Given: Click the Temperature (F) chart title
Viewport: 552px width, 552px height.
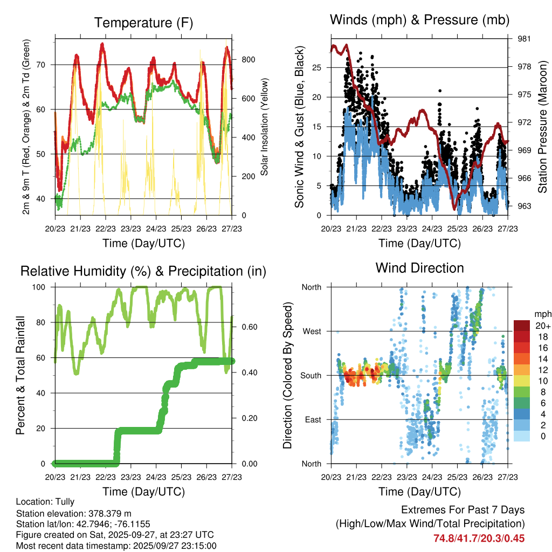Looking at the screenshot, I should coord(143,23).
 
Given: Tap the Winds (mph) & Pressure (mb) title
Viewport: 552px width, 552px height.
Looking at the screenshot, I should coord(419,20).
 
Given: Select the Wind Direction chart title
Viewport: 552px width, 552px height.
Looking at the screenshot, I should coord(419,268).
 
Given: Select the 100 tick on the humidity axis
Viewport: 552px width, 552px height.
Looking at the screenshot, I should coord(44,287).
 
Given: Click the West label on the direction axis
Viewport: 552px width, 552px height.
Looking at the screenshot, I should coord(312,331).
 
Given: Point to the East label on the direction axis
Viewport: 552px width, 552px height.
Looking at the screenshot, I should coord(312,419).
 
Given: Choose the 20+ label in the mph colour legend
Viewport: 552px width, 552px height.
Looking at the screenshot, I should coord(541,326).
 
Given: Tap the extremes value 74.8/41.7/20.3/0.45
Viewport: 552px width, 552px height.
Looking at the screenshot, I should coord(479,538).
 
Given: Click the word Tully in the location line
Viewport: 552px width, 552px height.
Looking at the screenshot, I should coord(65,501).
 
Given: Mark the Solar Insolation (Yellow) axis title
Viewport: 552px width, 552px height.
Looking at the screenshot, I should coord(265,127).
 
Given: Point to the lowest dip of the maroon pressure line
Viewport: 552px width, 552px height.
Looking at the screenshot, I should coord(454,209).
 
